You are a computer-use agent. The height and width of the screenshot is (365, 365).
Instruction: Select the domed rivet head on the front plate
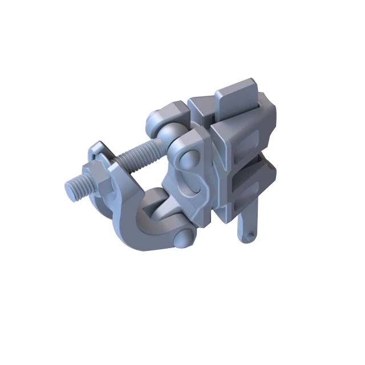(x=184, y=161)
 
